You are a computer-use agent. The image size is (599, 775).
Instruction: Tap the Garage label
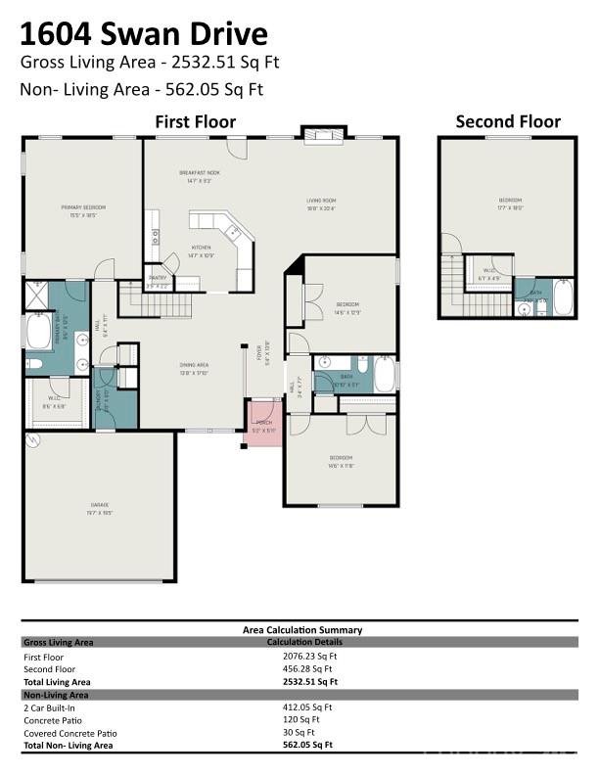tap(100, 506)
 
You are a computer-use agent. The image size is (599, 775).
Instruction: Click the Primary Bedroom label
tap(83, 207)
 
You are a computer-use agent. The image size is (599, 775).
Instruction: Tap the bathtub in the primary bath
tap(40, 332)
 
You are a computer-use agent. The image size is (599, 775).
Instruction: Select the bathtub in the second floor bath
tap(563, 297)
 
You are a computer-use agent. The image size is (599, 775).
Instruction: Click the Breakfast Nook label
tap(199, 173)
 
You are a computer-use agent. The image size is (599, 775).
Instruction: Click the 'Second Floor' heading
tap(508, 121)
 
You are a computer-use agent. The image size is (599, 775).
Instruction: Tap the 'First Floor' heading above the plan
tap(196, 121)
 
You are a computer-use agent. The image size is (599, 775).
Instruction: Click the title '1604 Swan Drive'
tap(143, 34)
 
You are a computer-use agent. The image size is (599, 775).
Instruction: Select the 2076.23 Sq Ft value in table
tap(309, 657)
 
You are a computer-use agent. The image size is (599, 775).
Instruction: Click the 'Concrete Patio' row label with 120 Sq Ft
tap(51, 719)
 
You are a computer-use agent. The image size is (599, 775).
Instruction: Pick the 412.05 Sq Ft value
tap(307, 707)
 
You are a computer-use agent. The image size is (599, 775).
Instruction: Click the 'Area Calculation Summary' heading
tap(301, 630)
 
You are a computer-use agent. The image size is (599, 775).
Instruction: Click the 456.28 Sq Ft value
tap(309, 669)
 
